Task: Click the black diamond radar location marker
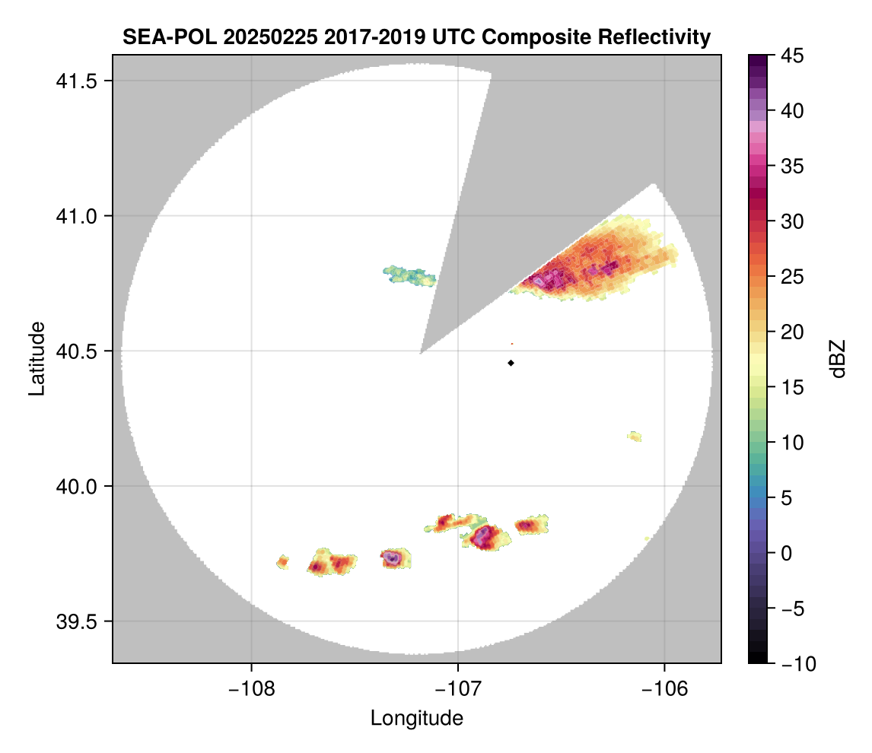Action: (511, 363)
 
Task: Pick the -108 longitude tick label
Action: (250, 689)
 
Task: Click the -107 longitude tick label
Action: (457, 689)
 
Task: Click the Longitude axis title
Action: (416, 718)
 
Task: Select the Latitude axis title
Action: (36, 357)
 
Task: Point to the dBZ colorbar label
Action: (838, 359)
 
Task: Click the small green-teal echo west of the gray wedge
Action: (409, 274)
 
